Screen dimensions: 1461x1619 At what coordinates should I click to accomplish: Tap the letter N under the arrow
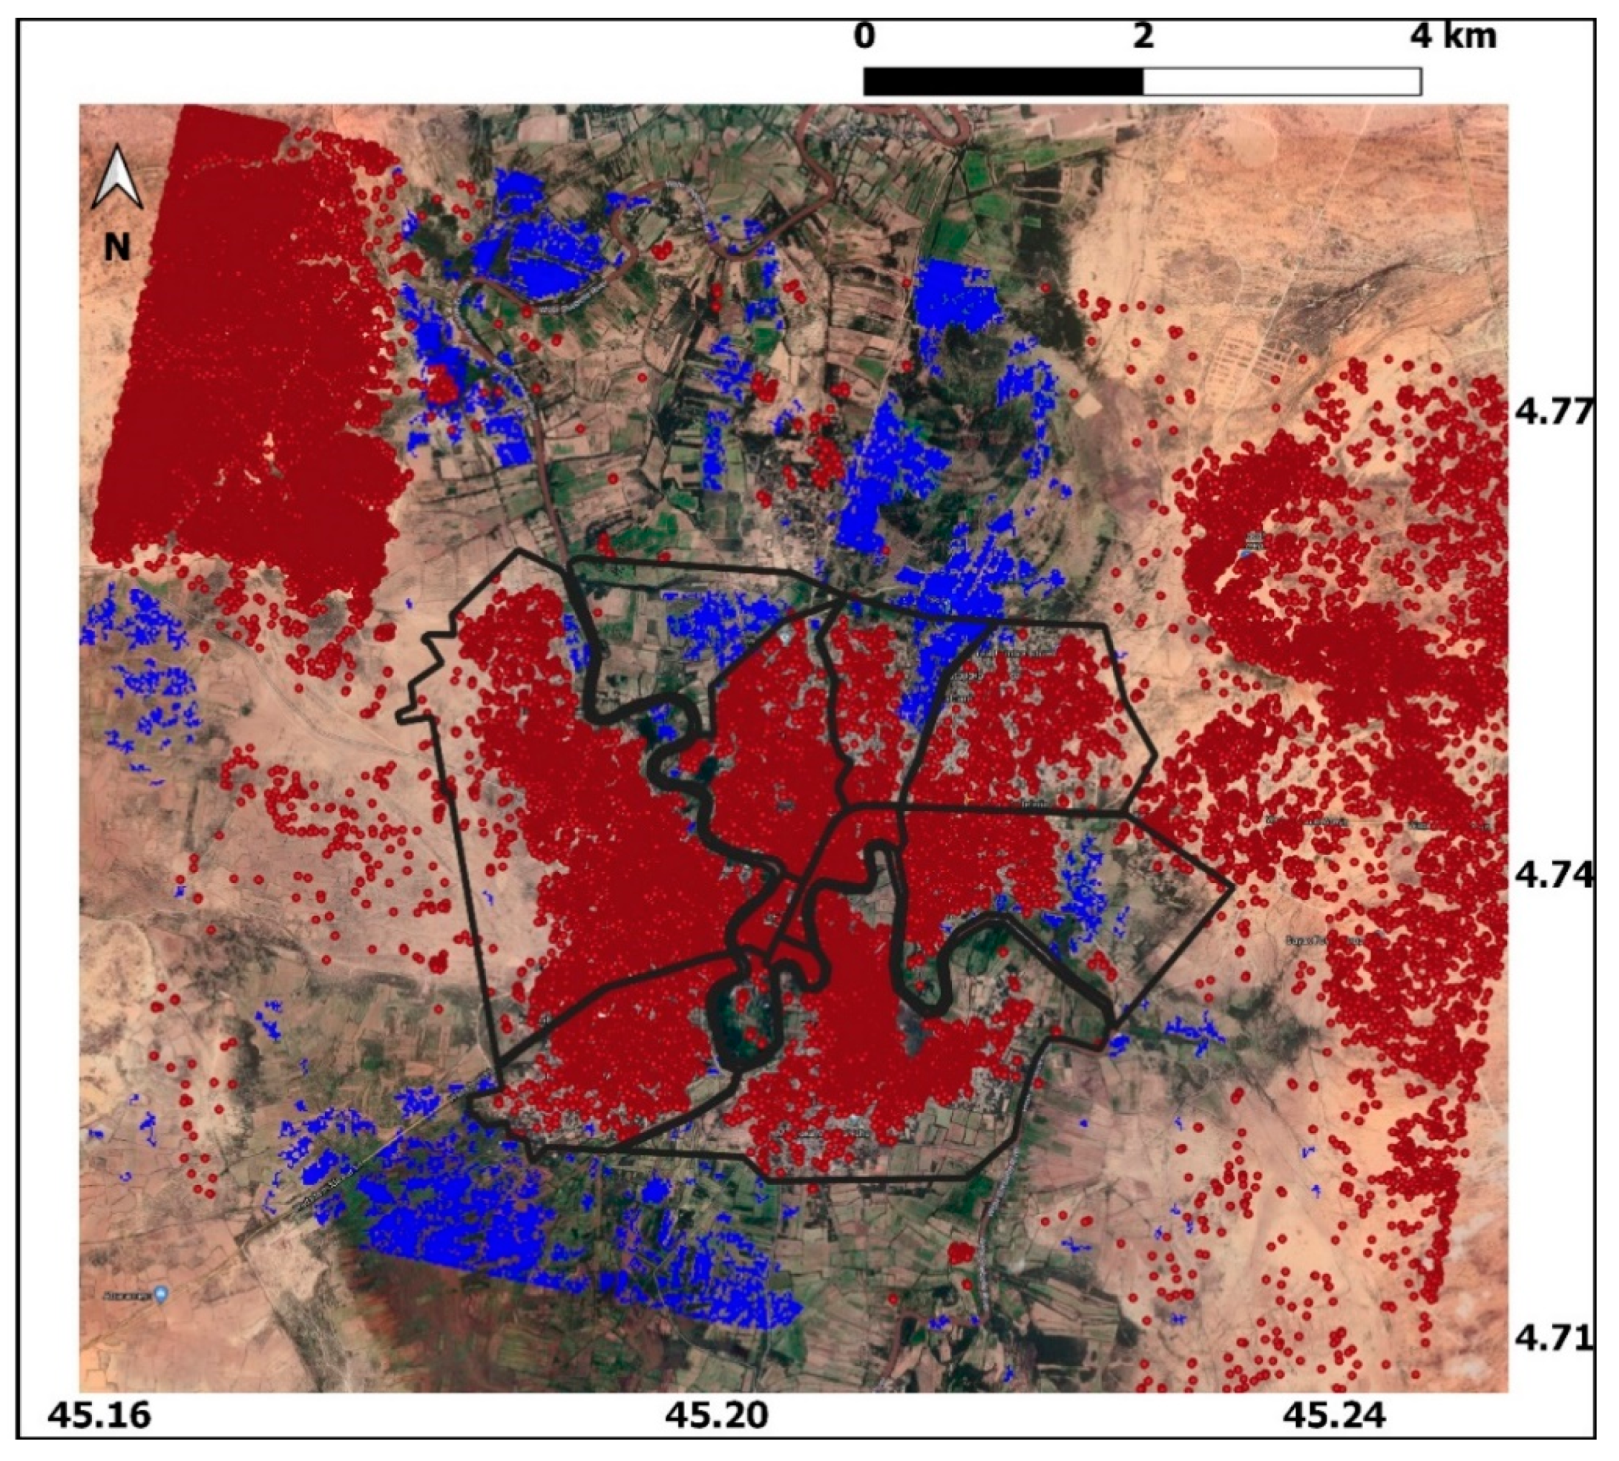coord(117,247)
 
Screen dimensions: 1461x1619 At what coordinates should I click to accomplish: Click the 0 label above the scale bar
coord(863,37)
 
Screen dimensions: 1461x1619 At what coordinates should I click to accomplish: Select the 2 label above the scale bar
coord(1142,37)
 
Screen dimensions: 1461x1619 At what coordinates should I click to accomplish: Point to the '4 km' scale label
coord(1454,37)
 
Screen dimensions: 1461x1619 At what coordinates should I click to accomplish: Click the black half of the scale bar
coord(1003,81)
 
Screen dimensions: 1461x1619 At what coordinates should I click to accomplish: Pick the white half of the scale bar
coord(1282,81)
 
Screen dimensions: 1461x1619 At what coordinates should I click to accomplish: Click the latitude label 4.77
coord(1551,413)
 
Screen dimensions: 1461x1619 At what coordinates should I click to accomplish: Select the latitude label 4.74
coord(1551,875)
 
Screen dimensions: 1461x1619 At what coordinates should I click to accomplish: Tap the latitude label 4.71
coord(1551,1338)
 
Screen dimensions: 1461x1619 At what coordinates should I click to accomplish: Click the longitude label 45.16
coord(98,1415)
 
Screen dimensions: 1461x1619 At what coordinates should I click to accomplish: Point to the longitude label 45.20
coord(717,1415)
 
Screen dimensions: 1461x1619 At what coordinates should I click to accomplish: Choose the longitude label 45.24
coord(1334,1415)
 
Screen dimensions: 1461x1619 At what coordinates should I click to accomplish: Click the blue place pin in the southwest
coord(161,1295)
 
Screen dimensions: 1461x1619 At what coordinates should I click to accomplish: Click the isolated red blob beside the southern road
coord(959,1253)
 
